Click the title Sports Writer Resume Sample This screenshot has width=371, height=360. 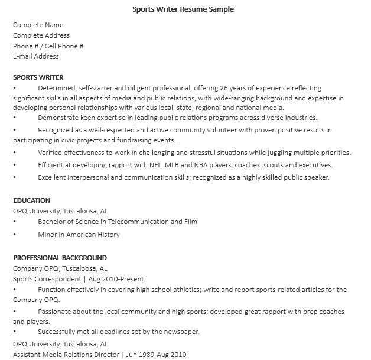(183, 9)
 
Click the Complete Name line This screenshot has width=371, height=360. (38, 25)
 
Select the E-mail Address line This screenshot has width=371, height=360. (36, 57)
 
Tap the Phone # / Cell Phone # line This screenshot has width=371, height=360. (48, 46)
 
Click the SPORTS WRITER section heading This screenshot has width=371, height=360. (38, 77)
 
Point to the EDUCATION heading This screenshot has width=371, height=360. (32, 200)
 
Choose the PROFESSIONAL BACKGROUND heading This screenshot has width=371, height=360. (60, 258)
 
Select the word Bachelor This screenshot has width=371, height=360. (53, 222)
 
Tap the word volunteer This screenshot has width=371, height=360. (213, 130)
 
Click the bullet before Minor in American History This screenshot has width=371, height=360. (15, 235)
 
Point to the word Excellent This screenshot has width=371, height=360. (53, 177)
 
